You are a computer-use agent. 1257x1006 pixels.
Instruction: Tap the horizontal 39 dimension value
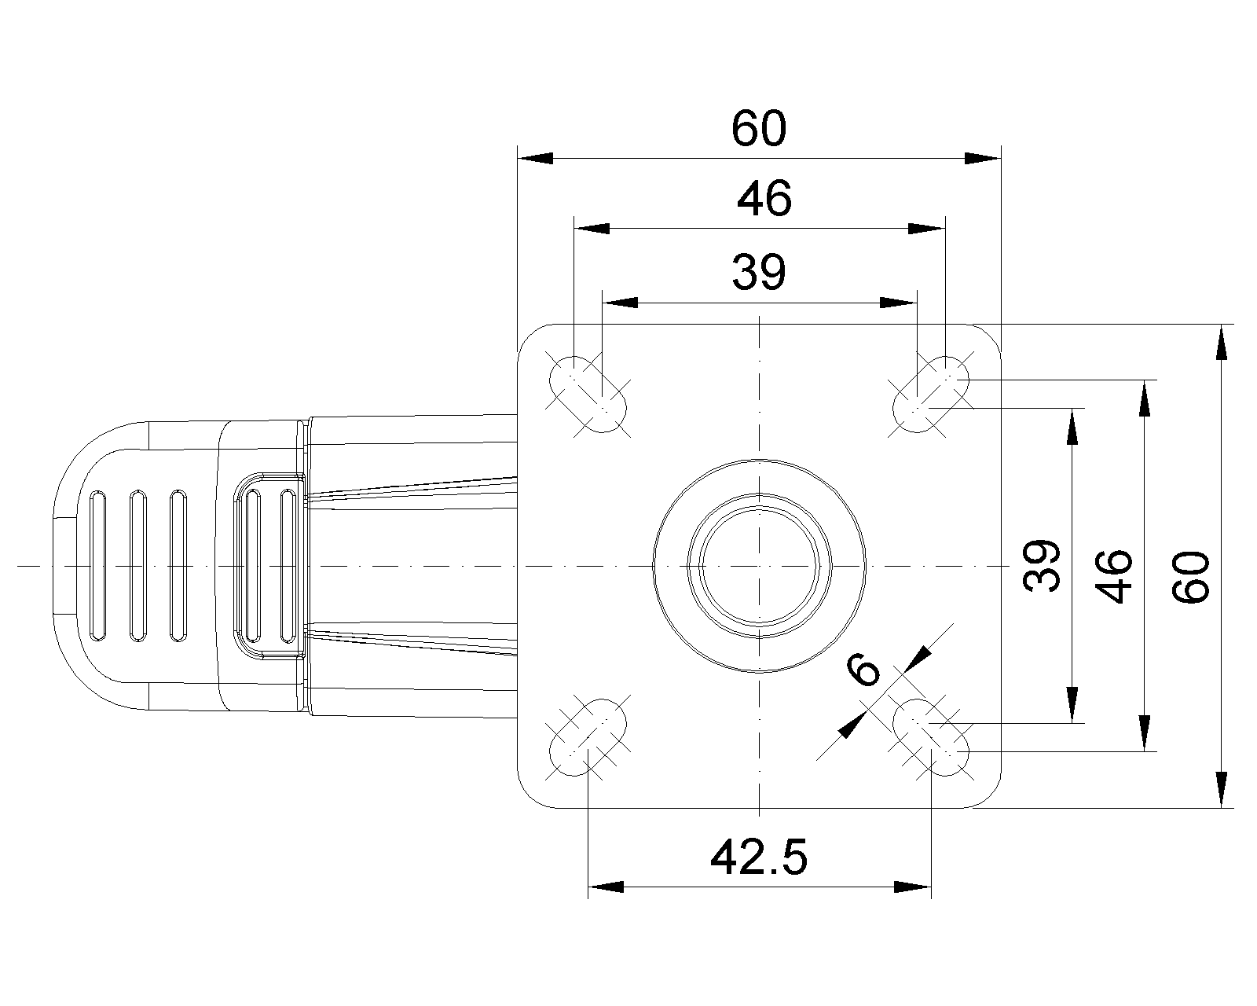point(758,273)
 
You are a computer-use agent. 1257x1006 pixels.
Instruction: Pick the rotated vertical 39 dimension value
point(1043,565)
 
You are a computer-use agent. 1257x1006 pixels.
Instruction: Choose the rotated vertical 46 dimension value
point(1114,575)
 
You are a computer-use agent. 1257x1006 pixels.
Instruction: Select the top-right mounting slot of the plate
point(931,394)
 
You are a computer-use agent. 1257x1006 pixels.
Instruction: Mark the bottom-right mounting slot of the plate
point(931,736)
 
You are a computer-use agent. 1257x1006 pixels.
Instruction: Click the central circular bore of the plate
point(759,565)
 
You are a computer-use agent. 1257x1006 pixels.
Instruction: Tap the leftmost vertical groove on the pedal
point(97,566)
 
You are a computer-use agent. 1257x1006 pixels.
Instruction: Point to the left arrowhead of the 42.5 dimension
point(606,887)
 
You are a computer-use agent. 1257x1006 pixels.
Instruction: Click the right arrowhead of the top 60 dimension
point(984,158)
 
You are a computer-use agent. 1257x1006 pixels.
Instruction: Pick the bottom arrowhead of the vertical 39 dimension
point(1071,704)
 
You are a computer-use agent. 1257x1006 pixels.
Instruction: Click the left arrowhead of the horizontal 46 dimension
point(592,229)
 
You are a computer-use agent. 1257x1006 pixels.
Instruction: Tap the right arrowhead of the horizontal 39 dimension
point(899,302)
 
